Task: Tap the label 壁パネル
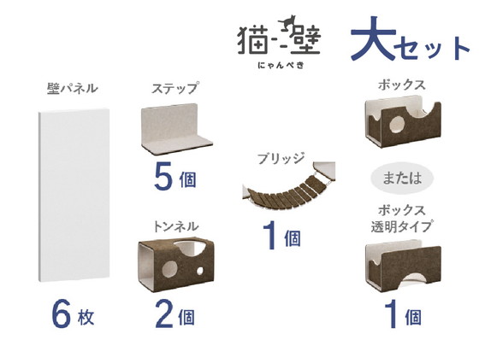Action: click(72, 89)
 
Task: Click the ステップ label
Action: click(174, 89)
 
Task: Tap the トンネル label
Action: click(174, 226)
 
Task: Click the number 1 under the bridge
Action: click(269, 237)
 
